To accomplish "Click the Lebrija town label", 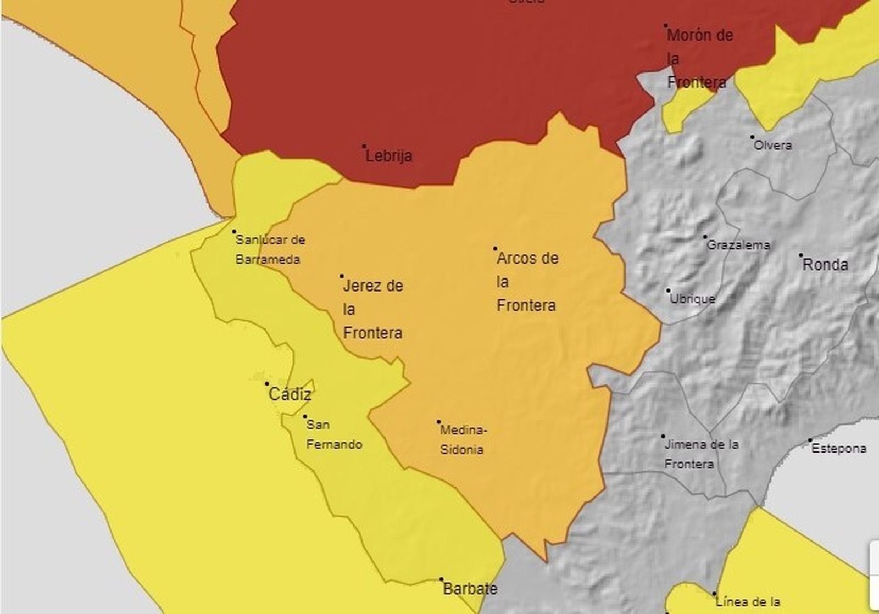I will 389,156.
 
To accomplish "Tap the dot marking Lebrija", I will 364,147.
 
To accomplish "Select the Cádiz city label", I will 290,394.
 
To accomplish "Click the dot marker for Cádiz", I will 268,384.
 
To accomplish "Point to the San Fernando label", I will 333,434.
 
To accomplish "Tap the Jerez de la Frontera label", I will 372,309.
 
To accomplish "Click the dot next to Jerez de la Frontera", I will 342,276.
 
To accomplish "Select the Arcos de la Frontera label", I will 527,282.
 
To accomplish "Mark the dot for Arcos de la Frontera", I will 495,249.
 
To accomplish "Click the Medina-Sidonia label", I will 463,440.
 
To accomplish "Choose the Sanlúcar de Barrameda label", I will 269,250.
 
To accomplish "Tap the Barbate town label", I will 470,589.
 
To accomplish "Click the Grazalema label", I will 738,245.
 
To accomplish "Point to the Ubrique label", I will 692,299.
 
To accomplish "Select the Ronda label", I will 825,265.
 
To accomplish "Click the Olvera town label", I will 772,146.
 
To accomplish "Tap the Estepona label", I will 838,449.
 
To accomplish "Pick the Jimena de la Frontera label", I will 701,454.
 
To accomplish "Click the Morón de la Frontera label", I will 699,59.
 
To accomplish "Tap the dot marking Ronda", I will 801,255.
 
